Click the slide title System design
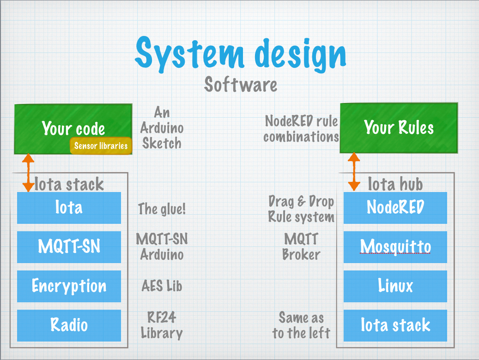(240, 54)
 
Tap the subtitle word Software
(241, 84)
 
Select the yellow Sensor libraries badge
(101, 146)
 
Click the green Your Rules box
(399, 128)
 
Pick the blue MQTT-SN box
(69, 247)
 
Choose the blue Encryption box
(69, 286)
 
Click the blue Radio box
(69, 325)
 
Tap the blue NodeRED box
(395, 208)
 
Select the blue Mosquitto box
(395, 247)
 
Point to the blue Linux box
(395, 286)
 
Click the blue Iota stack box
(395, 325)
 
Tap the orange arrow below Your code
(28, 173)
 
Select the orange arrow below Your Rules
(354, 172)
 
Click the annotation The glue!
(162, 209)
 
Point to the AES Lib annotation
(162, 286)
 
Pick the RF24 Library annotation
(162, 325)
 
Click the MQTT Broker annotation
(301, 247)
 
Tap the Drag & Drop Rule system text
(301, 209)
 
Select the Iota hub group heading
(395, 184)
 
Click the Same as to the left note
(301, 325)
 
